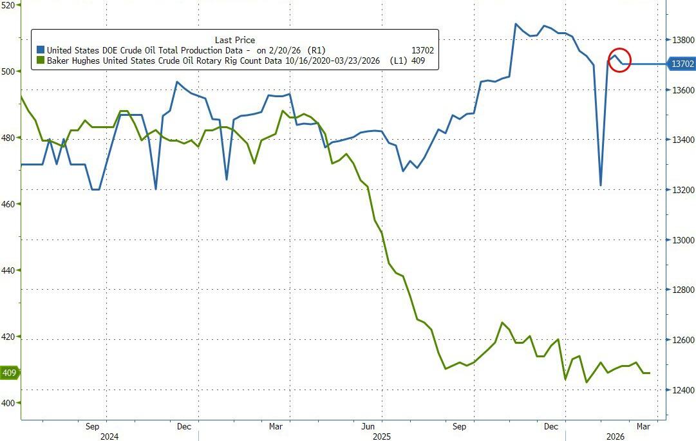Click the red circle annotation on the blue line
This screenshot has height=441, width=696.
[x=619, y=60]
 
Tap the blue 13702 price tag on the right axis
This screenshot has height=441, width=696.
[x=681, y=64]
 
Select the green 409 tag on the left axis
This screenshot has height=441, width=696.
[x=9, y=373]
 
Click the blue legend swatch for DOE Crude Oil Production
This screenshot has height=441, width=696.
[x=41, y=50]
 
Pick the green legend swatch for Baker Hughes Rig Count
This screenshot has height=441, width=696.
[x=41, y=61]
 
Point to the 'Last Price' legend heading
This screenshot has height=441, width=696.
[x=234, y=40]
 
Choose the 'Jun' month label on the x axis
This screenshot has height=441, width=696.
[x=368, y=426]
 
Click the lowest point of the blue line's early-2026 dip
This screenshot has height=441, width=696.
[x=600, y=185]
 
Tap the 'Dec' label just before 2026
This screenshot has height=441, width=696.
[x=550, y=426]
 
